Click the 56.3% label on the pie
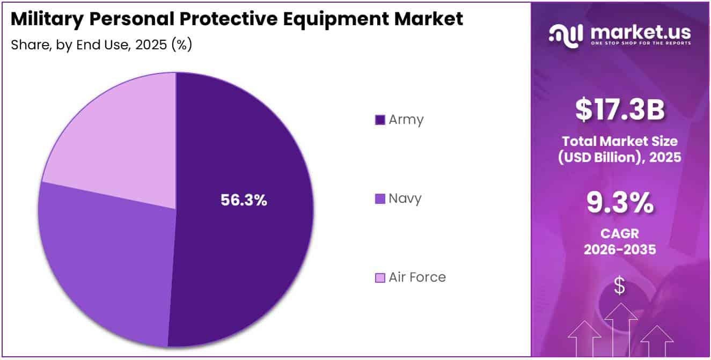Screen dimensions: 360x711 coord(244,200)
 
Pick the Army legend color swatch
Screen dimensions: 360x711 coord(380,120)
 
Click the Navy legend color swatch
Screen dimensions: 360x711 coord(380,199)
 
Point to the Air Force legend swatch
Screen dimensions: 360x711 coord(380,278)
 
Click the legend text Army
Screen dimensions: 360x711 coord(406,120)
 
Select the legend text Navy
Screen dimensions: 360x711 coord(405,199)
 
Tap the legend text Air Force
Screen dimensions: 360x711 coord(417,277)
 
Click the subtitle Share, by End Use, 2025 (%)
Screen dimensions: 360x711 coord(101,45)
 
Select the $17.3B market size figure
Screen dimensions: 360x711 coord(620,109)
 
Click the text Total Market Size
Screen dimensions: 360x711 coord(620,142)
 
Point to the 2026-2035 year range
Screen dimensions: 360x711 coord(620,249)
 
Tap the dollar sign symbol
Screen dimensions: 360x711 coord(620,286)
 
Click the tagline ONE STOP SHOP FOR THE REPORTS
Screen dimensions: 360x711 coord(641,43)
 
